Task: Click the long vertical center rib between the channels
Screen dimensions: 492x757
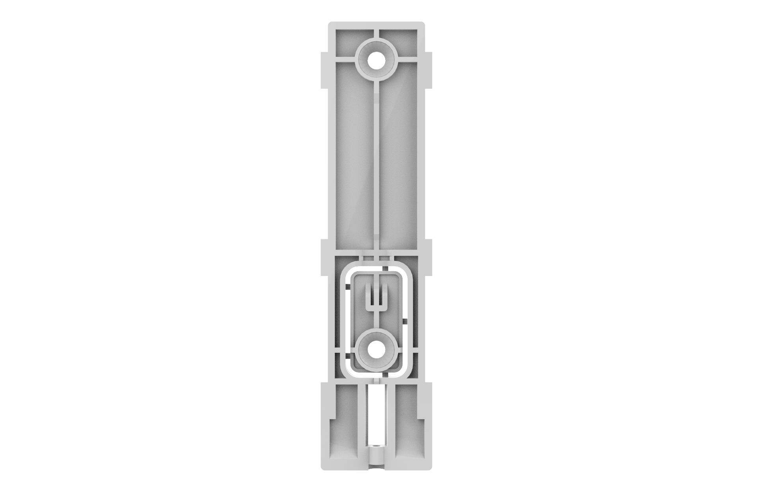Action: click(x=377, y=166)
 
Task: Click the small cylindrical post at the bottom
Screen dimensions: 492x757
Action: click(x=377, y=457)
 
